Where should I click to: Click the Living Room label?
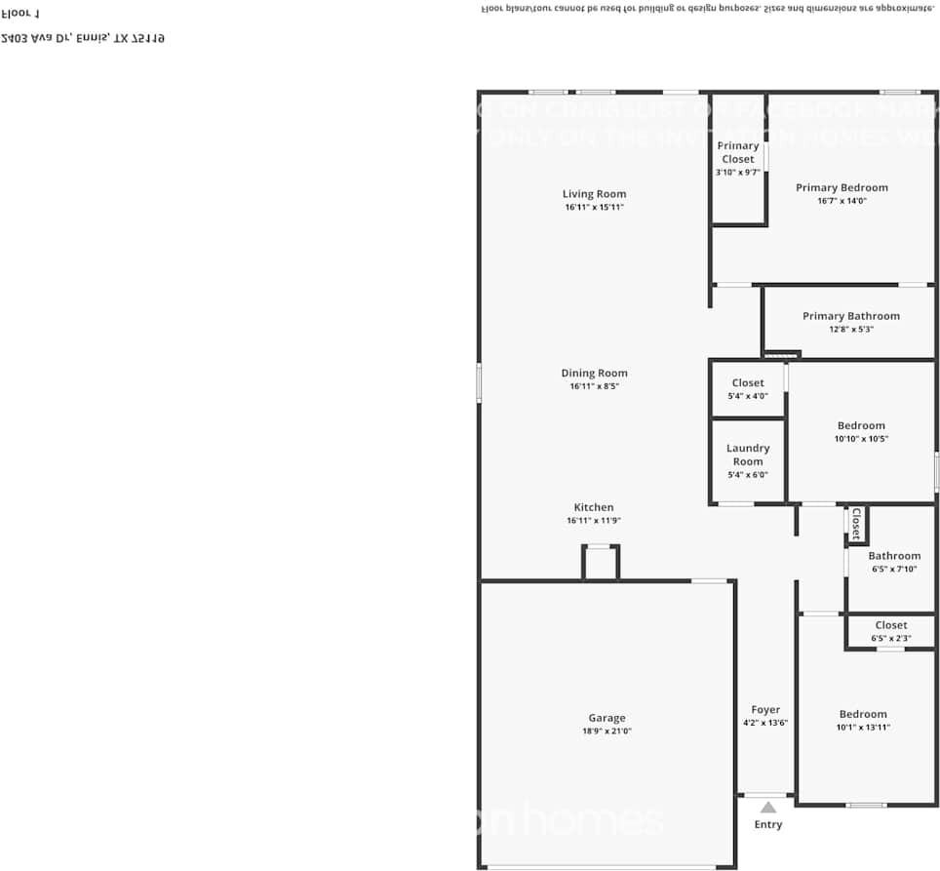point(594,194)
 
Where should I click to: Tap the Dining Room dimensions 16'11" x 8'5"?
point(594,386)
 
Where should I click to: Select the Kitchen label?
point(593,507)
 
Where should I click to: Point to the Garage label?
point(607,718)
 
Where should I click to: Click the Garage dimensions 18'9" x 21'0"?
point(607,732)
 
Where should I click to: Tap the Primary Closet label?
point(738,152)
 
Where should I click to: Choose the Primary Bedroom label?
point(842,187)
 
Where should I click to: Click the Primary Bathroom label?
point(850,316)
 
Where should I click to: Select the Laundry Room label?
point(748,455)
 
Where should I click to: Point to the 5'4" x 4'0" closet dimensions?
point(748,397)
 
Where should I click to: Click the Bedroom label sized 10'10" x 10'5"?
point(861,425)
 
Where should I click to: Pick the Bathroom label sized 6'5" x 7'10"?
point(894,556)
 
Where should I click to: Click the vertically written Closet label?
point(856,524)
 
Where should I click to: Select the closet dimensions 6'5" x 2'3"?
point(890,639)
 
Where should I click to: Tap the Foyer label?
point(765,710)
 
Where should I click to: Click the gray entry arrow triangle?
point(768,807)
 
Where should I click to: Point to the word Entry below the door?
point(768,825)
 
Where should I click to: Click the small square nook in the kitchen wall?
point(601,563)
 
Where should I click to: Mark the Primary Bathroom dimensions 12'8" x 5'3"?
point(850,330)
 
